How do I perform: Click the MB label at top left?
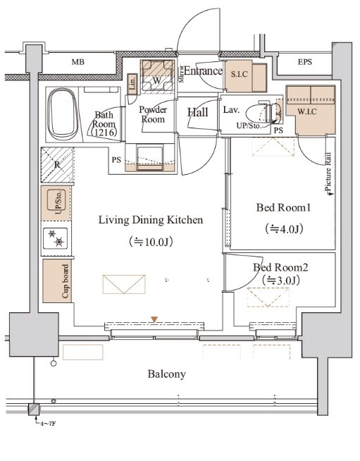click(78, 62)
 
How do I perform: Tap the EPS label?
click(304, 62)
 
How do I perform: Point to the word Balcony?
click(166, 374)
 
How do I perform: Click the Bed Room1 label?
click(283, 209)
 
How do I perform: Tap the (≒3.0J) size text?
click(280, 281)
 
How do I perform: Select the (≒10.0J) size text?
click(151, 242)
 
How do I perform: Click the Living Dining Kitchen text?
click(151, 220)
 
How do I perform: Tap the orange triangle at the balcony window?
click(154, 319)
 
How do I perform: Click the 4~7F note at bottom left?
click(46, 424)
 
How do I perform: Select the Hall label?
click(198, 112)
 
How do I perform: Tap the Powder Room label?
click(152, 114)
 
